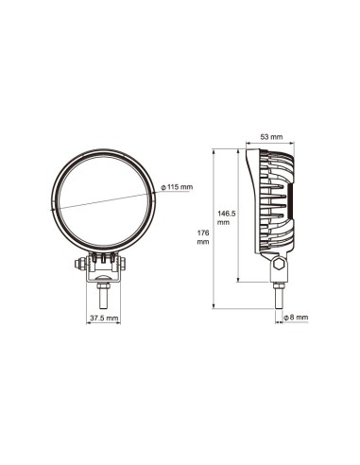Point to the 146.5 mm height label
tap(225, 218)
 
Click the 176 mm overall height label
tap(203, 236)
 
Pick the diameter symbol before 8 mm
tap(286, 318)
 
